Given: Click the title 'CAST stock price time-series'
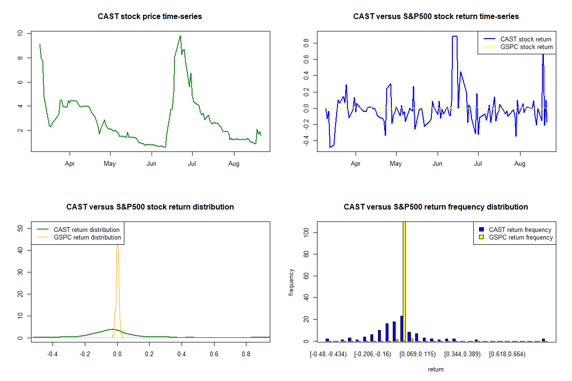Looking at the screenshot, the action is click(x=150, y=16).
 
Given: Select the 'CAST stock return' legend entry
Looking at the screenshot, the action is click(x=517, y=39).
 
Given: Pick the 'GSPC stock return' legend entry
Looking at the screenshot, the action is click(x=518, y=47).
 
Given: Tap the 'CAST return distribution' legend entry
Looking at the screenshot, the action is click(x=78, y=230).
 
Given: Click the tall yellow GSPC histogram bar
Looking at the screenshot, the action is click(x=404, y=281).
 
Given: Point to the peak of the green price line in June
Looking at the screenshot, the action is click(x=180, y=36).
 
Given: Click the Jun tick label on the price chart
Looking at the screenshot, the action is click(x=152, y=163).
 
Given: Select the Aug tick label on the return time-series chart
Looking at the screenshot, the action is click(x=520, y=163).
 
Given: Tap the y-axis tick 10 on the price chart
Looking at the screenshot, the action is click(x=20, y=33).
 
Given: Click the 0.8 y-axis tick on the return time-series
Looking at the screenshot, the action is click(x=306, y=43).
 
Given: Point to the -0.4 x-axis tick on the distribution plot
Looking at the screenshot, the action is click(x=52, y=354).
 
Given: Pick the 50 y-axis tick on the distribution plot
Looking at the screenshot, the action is click(x=20, y=228).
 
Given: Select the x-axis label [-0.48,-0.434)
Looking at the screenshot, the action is click(x=328, y=354).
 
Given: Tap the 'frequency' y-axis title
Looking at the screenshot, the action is click(x=291, y=282).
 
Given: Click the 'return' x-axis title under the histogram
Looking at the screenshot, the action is click(x=436, y=369).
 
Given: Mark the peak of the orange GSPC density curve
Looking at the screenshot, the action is click(x=117, y=245).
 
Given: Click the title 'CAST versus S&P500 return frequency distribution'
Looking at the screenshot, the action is click(x=436, y=207).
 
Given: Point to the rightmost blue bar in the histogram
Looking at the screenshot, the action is click(x=543, y=340).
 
